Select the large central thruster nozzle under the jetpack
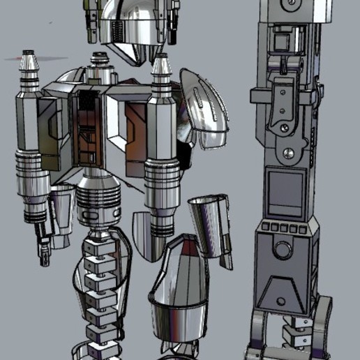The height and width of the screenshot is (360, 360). [98, 198]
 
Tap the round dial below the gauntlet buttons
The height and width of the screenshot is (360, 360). [282, 249]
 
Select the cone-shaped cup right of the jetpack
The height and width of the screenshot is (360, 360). [209, 210]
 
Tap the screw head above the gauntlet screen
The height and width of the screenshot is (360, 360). [288, 153]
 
